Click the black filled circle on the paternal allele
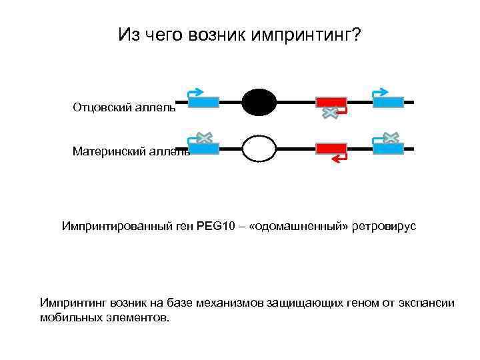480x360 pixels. [x=259, y=102]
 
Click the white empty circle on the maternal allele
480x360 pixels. [x=259, y=149]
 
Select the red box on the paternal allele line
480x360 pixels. [x=331, y=102]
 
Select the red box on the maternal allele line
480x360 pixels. [x=331, y=148]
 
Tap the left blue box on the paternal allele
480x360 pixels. [x=203, y=102]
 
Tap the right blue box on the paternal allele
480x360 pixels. [x=388, y=102]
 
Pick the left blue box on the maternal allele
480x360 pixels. [x=203, y=149]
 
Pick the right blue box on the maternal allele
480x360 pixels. [x=388, y=149]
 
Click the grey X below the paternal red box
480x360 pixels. [x=329, y=113]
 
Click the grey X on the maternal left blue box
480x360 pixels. [x=205, y=137]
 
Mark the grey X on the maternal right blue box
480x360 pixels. [x=391, y=137]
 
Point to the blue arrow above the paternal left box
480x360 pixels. [x=196, y=91]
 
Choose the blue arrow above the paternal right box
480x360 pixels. [x=381, y=91]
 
